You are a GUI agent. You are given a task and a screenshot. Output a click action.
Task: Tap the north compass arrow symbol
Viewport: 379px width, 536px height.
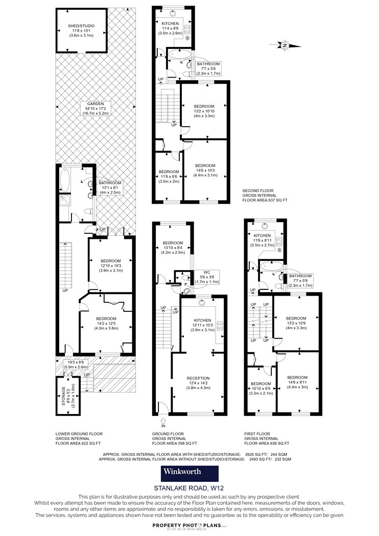click(285, 45)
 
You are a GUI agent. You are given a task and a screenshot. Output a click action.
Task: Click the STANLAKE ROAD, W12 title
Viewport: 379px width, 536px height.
click(189, 488)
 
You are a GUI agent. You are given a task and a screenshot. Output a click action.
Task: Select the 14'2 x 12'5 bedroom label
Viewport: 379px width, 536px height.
click(106, 323)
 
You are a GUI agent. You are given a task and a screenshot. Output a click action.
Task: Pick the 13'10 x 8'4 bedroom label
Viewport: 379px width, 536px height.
click(173, 248)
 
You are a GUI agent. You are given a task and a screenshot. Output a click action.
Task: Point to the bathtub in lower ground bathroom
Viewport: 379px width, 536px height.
click(65, 180)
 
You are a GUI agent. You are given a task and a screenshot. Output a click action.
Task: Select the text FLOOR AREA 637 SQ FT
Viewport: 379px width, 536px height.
click(265, 200)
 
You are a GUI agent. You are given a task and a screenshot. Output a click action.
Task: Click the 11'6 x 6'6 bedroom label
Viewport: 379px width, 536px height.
click(169, 177)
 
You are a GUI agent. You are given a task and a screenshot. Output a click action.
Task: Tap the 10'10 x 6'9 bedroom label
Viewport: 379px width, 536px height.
click(261, 388)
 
